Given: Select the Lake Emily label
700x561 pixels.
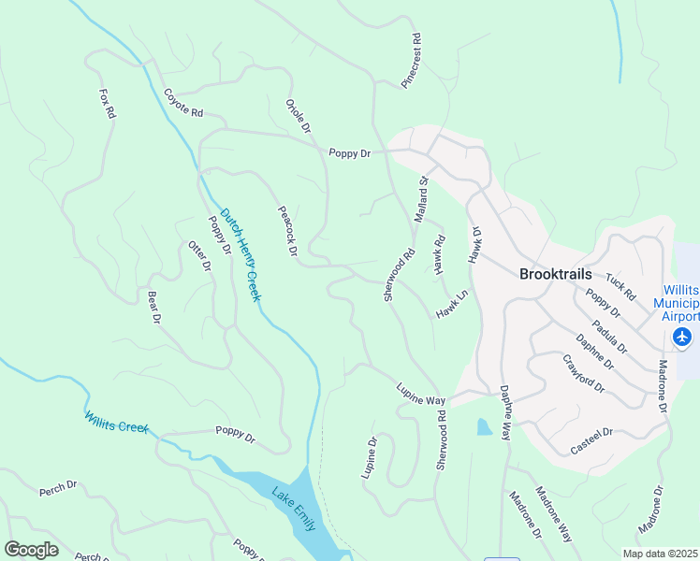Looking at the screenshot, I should (293, 508).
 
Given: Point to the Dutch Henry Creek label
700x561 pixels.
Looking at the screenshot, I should (241, 254).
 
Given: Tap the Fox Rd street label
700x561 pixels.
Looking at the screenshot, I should (108, 104).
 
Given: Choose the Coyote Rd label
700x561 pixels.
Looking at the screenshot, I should (183, 102).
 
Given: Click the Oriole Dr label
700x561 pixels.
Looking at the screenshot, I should (298, 116).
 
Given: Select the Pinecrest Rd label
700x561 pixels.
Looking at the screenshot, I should (412, 62).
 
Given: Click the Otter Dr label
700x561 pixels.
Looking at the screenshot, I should (199, 256).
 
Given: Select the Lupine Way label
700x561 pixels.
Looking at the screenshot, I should (420, 394).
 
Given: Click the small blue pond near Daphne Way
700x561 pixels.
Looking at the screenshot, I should (482, 427).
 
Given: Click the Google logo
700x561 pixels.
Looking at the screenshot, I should (31, 549).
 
